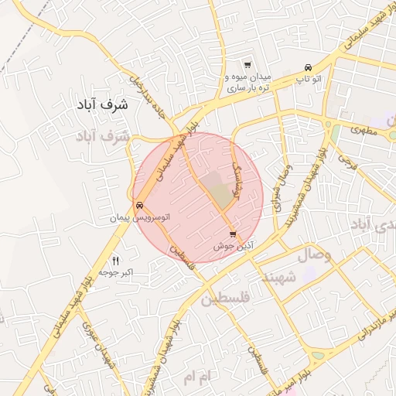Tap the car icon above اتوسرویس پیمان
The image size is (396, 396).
click(x=139, y=206)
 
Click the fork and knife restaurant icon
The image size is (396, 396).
click(x=116, y=260)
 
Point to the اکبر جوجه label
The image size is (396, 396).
click(x=116, y=273)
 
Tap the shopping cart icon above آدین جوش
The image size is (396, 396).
click(x=233, y=234)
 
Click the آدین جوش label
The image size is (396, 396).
click(x=233, y=246)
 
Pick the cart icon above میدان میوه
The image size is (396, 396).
click(x=247, y=65)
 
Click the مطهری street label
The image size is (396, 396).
click(x=360, y=131)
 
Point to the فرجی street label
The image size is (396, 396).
click(x=346, y=163)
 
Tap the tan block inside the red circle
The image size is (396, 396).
click(x=222, y=195)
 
